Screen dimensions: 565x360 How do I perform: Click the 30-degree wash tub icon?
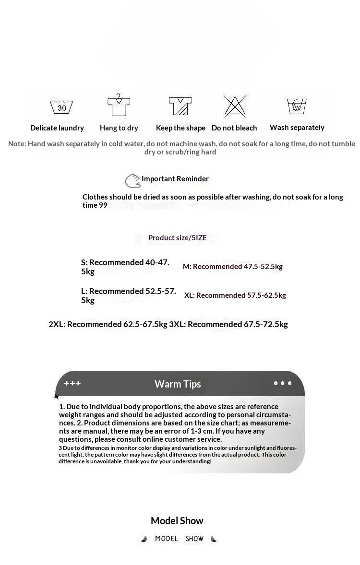[61, 106]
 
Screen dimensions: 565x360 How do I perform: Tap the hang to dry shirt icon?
[119, 105]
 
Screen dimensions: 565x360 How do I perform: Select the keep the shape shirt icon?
[180, 106]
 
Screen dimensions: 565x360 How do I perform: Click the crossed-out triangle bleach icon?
[235, 106]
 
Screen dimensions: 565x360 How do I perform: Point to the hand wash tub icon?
[297, 106]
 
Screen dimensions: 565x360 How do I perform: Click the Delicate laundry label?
[57, 128]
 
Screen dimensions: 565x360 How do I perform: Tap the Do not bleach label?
[234, 128]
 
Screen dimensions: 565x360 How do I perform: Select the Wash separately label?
[297, 128]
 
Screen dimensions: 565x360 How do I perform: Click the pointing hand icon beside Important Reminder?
[132, 181]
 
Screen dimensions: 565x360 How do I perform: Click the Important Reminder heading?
[175, 179]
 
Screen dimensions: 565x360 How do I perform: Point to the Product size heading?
[177, 238]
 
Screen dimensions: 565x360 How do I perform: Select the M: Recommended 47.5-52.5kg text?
[233, 267]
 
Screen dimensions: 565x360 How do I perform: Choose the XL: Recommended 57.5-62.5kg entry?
[235, 295]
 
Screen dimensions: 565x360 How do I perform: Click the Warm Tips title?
[178, 384]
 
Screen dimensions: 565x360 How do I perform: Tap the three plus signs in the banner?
[72, 383]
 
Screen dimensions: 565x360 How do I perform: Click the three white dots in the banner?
[282, 383]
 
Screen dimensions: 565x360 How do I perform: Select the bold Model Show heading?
[177, 521]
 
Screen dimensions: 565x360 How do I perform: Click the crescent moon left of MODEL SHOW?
[144, 539]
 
